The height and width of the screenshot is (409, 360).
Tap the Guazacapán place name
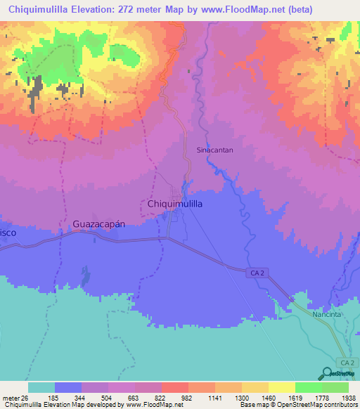tap(98, 224)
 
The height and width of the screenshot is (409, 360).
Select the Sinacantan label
tap(214, 150)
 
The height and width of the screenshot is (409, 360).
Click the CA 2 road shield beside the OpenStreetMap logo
tap(345, 362)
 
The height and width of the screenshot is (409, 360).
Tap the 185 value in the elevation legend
tap(67, 397)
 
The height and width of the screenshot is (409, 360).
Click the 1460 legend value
tap(282, 397)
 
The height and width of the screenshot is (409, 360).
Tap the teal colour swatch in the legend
tap(41, 387)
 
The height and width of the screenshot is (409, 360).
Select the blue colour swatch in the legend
tap(67, 387)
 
